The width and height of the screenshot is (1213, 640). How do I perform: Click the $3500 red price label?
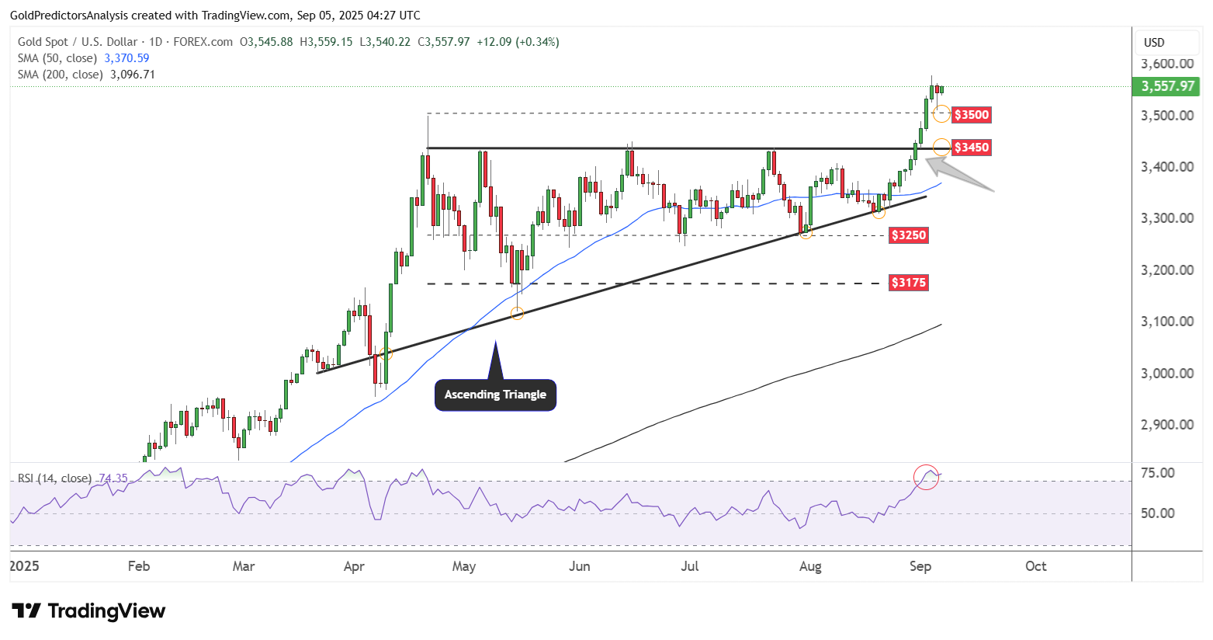[x=971, y=115]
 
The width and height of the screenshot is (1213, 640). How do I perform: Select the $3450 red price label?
[x=971, y=148]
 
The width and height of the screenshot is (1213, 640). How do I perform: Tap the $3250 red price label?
[x=908, y=235]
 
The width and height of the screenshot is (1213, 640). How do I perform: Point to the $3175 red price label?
[x=908, y=283]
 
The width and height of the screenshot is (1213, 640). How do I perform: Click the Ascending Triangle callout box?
[x=495, y=395]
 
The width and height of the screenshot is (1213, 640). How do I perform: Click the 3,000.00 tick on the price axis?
[x=1167, y=374]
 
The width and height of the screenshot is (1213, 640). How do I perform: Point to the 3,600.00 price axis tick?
[x=1167, y=64]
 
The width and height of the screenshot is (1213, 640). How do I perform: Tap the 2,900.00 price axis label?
[x=1167, y=425]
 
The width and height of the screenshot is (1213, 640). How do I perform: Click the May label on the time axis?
[x=464, y=566]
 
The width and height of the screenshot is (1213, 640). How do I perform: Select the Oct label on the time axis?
[x=1036, y=566]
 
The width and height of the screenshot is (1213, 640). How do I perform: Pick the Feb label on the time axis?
[x=139, y=566]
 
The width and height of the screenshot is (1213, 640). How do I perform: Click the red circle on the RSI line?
[x=927, y=477]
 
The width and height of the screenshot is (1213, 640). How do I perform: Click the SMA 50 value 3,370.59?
[x=126, y=58]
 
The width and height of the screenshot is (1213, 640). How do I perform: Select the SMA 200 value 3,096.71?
[x=133, y=75]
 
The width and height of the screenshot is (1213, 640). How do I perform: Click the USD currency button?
[x=1154, y=43]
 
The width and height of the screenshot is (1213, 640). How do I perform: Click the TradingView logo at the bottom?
[x=88, y=611]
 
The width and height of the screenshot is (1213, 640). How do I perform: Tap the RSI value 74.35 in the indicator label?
[x=113, y=478]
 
